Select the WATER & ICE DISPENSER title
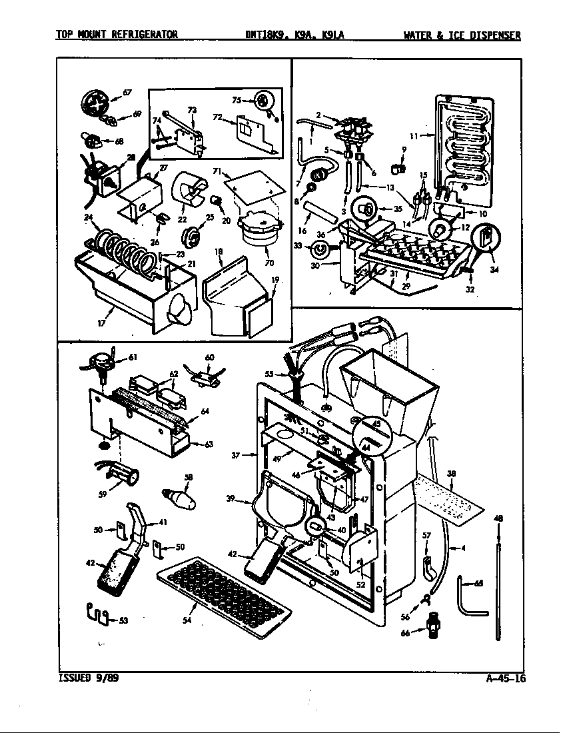click(x=462, y=35)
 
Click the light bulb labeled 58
click(x=179, y=496)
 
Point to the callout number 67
click(x=127, y=92)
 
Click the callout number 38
click(x=451, y=474)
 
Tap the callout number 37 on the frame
click(x=235, y=456)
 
